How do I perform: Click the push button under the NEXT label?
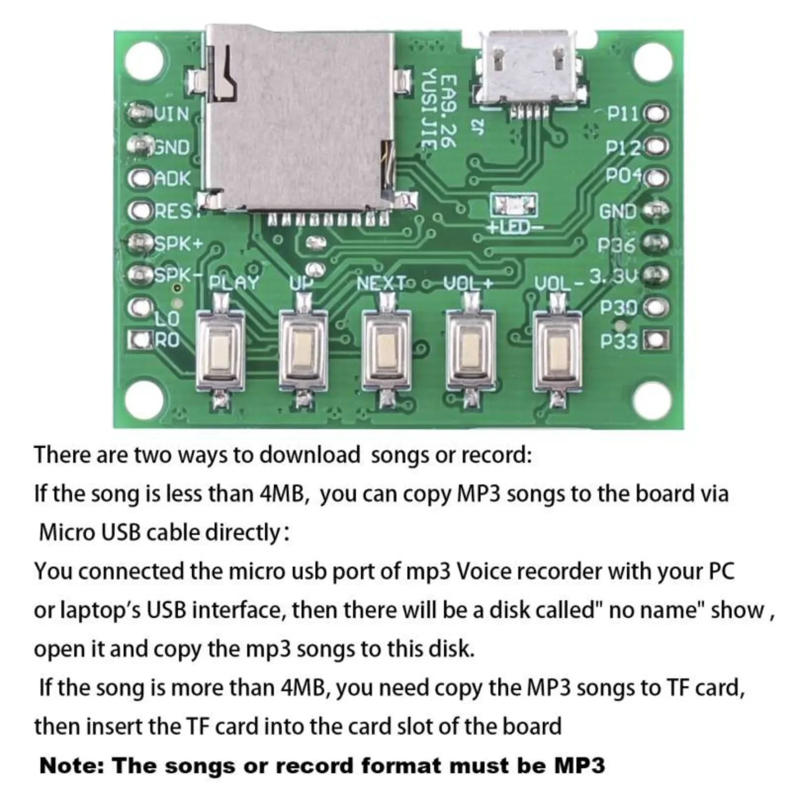(x=386, y=349)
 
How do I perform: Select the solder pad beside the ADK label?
(x=139, y=179)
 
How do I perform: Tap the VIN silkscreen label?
(x=172, y=114)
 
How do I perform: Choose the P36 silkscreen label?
(x=616, y=244)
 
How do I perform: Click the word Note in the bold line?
(x=71, y=766)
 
